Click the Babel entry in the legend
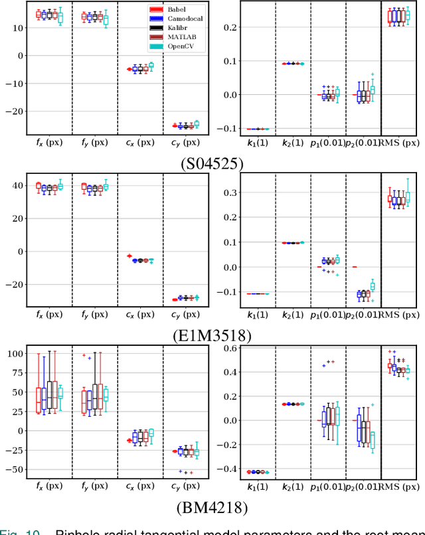[177, 9]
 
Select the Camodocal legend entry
[182, 19]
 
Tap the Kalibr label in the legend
[177, 28]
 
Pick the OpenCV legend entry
[180, 46]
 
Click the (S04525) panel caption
[212, 162]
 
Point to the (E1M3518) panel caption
[212, 335]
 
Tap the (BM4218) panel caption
[212, 509]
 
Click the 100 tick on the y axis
[13, 354]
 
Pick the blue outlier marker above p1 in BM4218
[324, 365]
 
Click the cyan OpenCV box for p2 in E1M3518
[373, 286]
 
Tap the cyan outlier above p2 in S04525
[373, 74]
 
